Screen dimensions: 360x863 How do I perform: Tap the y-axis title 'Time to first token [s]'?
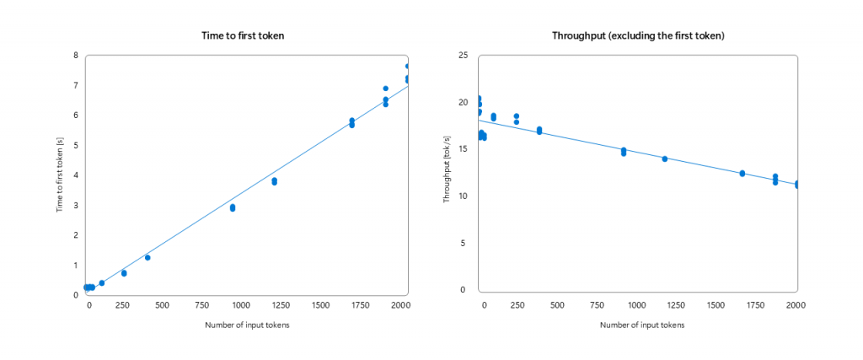[x=61, y=175]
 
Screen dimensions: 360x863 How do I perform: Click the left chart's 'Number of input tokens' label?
[x=247, y=325]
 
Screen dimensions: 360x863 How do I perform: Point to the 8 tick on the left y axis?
[x=76, y=56]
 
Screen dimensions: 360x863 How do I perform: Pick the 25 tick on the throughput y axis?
[x=461, y=56]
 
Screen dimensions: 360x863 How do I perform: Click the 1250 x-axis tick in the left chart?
[x=322, y=304]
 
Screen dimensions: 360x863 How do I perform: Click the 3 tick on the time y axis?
[x=76, y=206]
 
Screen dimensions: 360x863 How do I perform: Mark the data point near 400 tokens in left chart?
[x=147, y=257]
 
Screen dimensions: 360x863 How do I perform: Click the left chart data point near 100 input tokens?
[x=102, y=282]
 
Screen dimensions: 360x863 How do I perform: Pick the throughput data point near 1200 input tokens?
[x=665, y=159]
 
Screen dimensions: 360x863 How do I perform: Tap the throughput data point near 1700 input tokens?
[x=742, y=173]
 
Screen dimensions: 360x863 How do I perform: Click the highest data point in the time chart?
[x=408, y=66]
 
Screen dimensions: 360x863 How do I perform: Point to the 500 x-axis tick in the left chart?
[x=162, y=304]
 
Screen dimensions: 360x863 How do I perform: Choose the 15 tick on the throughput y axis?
[x=461, y=149]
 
